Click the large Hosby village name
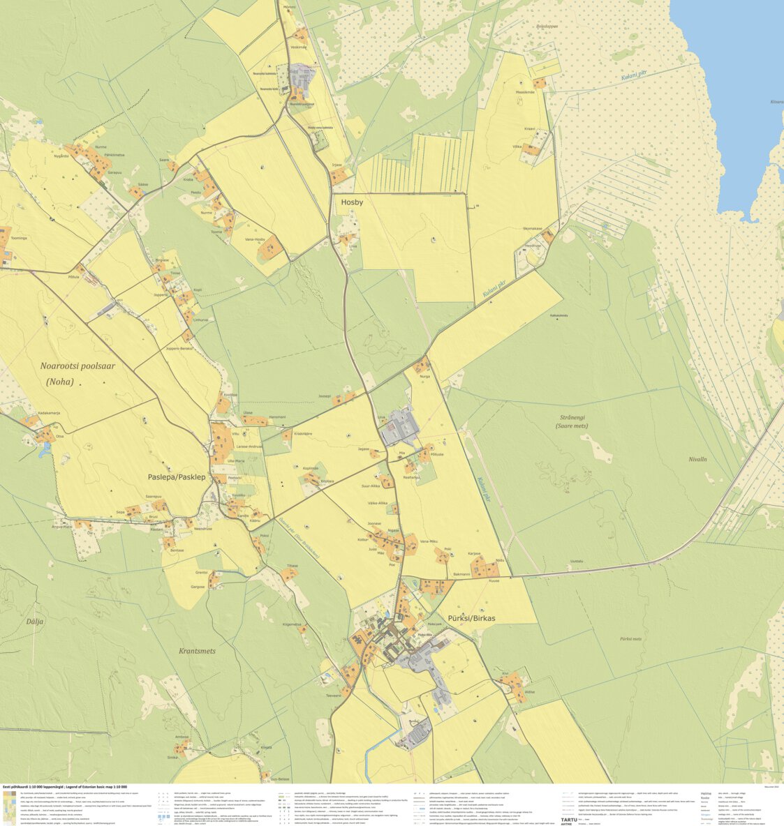352,202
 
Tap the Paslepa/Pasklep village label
177,477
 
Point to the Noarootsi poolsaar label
78,366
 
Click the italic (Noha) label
59,382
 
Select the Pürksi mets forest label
630,638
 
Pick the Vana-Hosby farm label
255,239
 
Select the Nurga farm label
424,376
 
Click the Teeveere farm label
333,696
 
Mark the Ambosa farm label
182,737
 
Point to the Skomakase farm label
532,228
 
